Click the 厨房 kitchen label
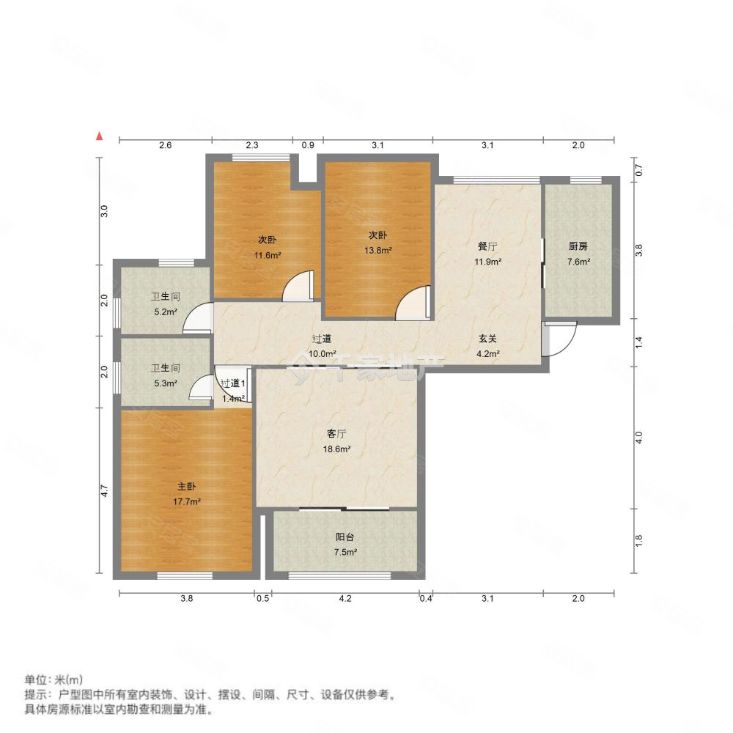(x=578, y=247)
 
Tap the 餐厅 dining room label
(x=487, y=247)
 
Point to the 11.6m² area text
(x=268, y=255)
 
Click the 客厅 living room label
(x=336, y=432)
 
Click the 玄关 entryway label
(x=488, y=339)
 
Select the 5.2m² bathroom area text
(x=166, y=312)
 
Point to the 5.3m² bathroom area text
(x=166, y=383)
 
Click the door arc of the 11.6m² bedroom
(x=299, y=286)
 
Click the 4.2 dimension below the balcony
(x=345, y=599)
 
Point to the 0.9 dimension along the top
(x=308, y=146)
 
